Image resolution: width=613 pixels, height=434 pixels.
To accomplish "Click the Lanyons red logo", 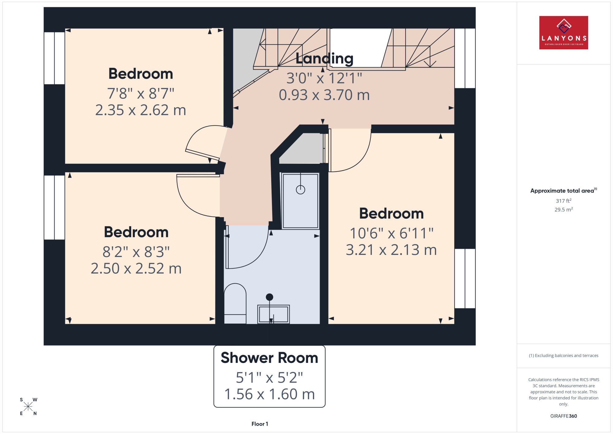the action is pyautogui.click(x=563, y=33).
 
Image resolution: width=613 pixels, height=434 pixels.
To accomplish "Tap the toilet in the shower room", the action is pyautogui.click(x=235, y=303).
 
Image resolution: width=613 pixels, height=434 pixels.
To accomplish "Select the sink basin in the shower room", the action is pyautogui.click(x=273, y=314).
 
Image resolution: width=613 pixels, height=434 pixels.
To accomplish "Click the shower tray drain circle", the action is pyautogui.click(x=300, y=190).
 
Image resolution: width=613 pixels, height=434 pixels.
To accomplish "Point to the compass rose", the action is pyautogui.click(x=28, y=407).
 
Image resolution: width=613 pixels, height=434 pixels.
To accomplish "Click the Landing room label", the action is pyautogui.click(x=324, y=58).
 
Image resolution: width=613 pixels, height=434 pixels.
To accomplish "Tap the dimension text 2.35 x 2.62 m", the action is pyautogui.click(x=141, y=110).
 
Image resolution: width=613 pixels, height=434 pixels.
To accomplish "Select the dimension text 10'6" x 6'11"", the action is pyautogui.click(x=391, y=233).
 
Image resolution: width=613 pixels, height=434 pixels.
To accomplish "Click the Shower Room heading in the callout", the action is pyautogui.click(x=269, y=358).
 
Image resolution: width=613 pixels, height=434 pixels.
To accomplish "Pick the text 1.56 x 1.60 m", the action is pyautogui.click(x=269, y=394).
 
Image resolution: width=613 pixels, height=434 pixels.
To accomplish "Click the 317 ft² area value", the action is pyautogui.click(x=563, y=201).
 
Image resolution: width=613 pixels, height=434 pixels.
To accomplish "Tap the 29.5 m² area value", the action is pyautogui.click(x=563, y=210).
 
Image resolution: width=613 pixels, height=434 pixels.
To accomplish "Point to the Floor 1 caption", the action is pyautogui.click(x=260, y=424).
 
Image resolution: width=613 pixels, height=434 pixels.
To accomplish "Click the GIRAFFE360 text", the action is pyautogui.click(x=563, y=416).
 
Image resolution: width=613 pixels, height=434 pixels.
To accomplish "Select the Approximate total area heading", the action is pyautogui.click(x=563, y=190).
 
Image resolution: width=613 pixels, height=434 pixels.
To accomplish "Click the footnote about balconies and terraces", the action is pyautogui.click(x=563, y=355).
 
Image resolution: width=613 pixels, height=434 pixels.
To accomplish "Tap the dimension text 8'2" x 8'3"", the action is pyautogui.click(x=136, y=252).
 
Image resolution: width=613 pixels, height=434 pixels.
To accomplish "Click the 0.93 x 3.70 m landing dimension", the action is pyautogui.click(x=324, y=95).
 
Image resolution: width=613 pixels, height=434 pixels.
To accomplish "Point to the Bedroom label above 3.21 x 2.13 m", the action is pyautogui.click(x=391, y=213).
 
